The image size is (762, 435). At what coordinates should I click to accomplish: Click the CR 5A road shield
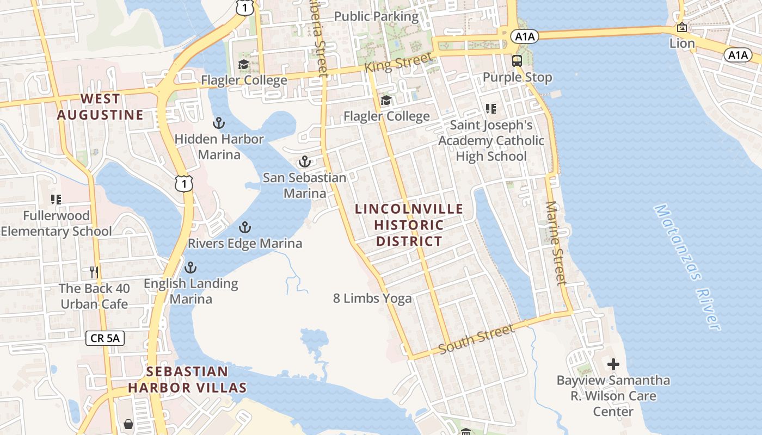coord(105,338)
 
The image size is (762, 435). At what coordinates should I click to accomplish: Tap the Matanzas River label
coord(687,266)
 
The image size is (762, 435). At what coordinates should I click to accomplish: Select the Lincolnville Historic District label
coord(409,225)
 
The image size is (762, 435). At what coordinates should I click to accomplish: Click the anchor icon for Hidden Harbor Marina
coord(218,123)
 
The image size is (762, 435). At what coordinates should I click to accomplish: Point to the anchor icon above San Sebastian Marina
coord(304,161)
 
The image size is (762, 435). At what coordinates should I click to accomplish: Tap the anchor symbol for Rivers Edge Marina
coord(245,227)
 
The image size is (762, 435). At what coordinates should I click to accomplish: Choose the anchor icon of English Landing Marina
coord(190,268)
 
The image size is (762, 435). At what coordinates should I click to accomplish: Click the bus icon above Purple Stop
coord(517,61)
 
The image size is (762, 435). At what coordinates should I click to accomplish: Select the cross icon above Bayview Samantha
coord(613,364)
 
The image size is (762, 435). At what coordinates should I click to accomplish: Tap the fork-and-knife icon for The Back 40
coord(94,272)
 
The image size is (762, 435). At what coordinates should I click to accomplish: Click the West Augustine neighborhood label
coord(100,107)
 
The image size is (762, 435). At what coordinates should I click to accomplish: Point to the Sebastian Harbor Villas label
coord(187,380)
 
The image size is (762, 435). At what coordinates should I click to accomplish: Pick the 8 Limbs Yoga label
coord(372,298)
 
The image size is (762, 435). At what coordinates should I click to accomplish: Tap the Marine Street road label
coord(556,243)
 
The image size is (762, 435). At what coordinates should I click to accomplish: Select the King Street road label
coord(399,63)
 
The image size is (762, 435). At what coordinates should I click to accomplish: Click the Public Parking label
coord(376,16)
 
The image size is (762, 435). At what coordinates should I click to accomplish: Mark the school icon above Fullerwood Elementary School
coord(56,200)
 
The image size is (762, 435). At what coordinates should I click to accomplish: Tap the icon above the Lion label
coord(681,27)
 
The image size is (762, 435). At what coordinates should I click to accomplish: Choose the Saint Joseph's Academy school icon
coord(491,109)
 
